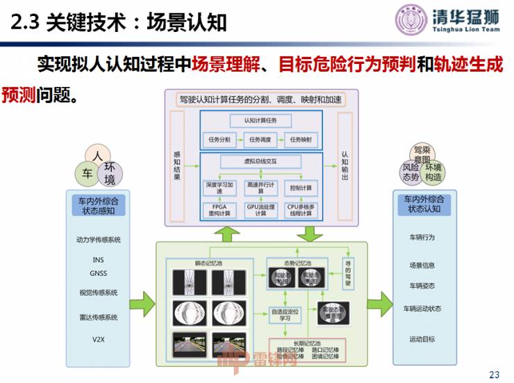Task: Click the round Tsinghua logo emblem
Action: point(412,21)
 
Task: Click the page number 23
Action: point(495,375)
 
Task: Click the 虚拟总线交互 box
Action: point(260,161)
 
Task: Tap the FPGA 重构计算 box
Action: point(219,211)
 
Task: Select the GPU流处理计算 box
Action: point(260,211)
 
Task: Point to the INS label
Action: point(98,260)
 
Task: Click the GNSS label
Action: point(98,273)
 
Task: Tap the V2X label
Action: point(98,339)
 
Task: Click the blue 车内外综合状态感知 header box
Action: point(98,204)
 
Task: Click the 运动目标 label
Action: point(422,339)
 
